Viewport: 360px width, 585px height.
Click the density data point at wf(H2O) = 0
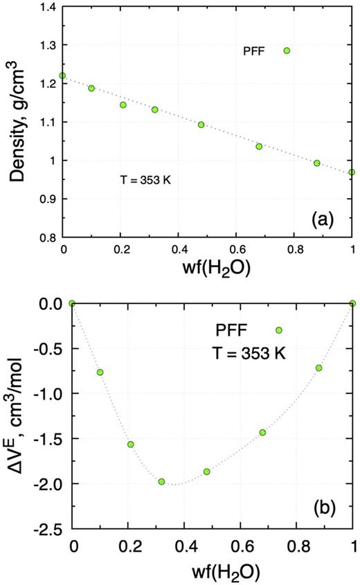point(63,75)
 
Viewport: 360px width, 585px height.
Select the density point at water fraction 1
point(352,172)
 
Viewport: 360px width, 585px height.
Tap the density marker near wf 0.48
point(201,125)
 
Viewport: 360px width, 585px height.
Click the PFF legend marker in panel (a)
point(287,51)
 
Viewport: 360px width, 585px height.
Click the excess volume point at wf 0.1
point(100,372)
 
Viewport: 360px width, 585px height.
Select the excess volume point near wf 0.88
point(319,368)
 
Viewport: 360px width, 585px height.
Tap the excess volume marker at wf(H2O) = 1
point(353,303)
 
